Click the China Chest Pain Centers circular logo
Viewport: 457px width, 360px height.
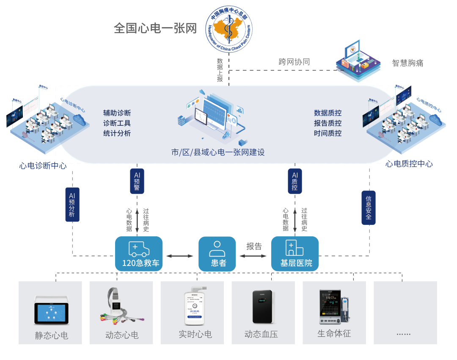coord(229,29)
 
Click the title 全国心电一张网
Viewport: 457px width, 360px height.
coord(155,28)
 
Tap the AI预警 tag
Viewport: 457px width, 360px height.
coord(137,181)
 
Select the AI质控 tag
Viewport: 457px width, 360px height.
coord(295,181)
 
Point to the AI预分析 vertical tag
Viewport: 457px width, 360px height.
coord(72,204)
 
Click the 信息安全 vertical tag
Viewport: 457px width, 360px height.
coord(368,208)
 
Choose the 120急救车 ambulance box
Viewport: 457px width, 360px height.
coord(139,253)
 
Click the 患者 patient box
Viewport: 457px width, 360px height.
coord(217,253)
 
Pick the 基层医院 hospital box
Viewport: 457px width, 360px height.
coord(295,253)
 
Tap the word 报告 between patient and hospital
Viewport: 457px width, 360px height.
coord(254,246)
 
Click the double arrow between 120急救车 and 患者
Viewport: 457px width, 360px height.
coord(180,256)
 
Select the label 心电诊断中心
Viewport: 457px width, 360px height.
coord(43,166)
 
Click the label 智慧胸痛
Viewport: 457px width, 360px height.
coord(407,63)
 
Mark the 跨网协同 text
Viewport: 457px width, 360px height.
coord(294,62)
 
